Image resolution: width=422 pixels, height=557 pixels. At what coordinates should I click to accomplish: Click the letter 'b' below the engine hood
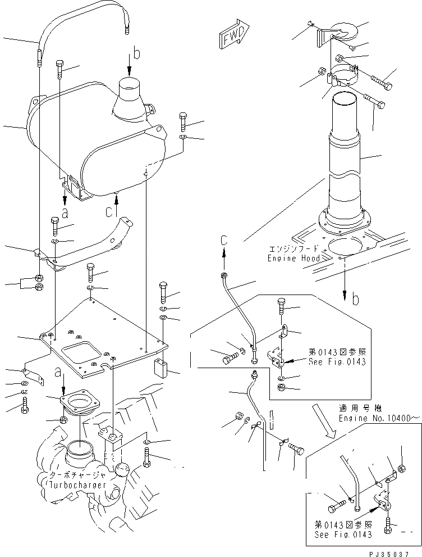[355, 300]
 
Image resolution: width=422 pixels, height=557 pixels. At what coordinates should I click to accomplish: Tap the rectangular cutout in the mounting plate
[81, 355]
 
